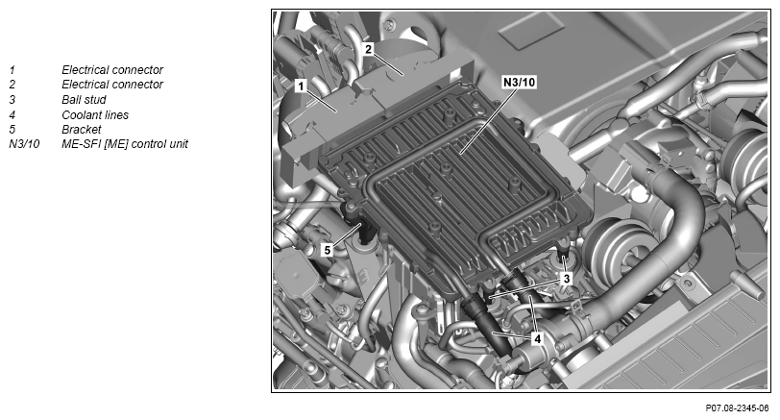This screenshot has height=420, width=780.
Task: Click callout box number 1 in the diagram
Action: [301, 86]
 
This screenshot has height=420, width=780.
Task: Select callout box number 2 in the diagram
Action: [368, 49]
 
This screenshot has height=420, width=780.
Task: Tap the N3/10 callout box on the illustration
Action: [520, 82]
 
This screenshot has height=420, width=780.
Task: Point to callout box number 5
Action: [327, 249]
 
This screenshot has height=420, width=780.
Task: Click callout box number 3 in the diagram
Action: [566, 279]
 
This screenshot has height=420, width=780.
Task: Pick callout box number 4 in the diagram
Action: [537, 339]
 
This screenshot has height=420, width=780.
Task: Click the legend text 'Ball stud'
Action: [84, 100]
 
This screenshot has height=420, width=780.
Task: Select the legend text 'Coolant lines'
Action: [95, 115]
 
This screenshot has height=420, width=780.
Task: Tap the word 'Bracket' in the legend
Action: [81, 130]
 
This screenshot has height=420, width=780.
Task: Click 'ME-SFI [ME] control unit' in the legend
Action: [125, 144]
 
